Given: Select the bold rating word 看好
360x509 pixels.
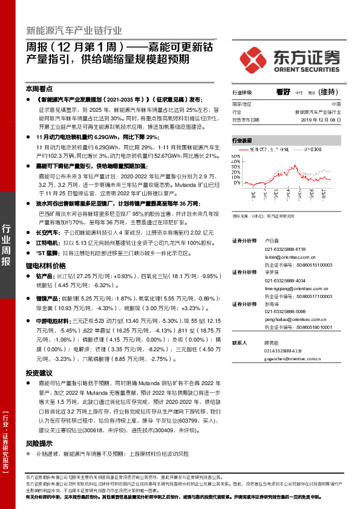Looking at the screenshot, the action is (x=283, y=92).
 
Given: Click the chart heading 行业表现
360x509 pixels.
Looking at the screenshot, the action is (x=241, y=140).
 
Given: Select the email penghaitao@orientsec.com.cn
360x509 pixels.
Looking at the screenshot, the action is (x=294, y=319).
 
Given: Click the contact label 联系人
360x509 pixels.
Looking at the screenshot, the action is (x=240, y=342).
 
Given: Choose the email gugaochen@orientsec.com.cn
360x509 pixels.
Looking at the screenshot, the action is (x=292, y=358).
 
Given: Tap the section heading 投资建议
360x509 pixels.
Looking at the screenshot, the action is (x=39, y=373).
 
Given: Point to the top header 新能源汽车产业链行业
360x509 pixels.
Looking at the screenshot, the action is (x=74, y=30).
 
